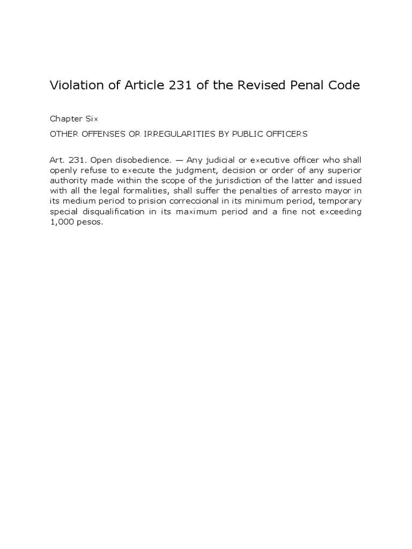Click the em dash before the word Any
tap(178, 160)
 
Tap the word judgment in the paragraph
tap(205, 170)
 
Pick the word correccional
tap(158, 201)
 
